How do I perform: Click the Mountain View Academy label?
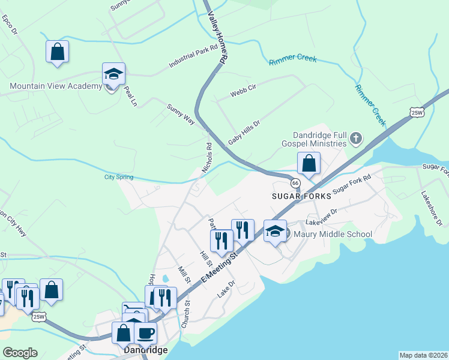pyautogui.click(x=56, y=86)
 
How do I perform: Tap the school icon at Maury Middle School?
pyautogui.click(x=275, y=231)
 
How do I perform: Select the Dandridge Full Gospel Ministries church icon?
pyautogui.click(x=356, y=139)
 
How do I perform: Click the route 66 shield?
pyautogui.click(x=295, y=183)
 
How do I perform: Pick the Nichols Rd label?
pyautogui.click(x=206, y=158)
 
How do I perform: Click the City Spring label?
pyautogui.click(x=118, y=177)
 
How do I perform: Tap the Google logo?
pyautogui.click(x=20, y=353)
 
